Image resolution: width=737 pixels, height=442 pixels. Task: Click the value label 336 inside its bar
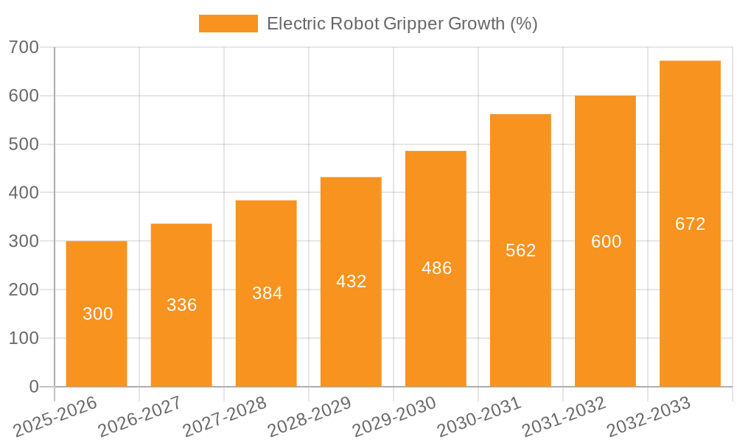[181, 305]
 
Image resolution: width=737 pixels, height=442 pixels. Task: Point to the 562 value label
[520, 250]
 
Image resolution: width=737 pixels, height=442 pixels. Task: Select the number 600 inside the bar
[606, 242]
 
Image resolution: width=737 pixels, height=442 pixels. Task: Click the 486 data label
[436, 268]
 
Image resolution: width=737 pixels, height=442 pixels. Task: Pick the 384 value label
[267, 293]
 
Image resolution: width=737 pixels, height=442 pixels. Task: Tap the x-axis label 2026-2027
[141, 415]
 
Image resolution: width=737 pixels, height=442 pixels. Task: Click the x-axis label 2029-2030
[395, 415]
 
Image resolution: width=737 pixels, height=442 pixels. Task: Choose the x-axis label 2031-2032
[565, 415]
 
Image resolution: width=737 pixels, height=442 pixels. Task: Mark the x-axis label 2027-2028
[226, 415]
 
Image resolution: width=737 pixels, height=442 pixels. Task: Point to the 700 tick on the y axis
[24, 48]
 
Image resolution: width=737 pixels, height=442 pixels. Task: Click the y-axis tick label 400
[24, 193]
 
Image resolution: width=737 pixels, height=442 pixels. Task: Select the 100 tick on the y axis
[24, 338]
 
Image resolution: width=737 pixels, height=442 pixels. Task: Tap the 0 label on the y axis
[34, 387]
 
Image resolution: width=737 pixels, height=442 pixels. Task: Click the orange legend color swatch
[228, 24]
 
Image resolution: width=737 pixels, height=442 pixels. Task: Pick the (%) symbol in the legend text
[524, 24]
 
